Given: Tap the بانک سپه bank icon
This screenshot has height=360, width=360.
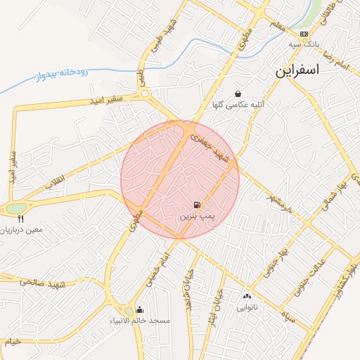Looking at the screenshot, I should pos(304,34).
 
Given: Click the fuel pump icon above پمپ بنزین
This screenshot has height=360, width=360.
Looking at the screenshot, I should pos(195,205).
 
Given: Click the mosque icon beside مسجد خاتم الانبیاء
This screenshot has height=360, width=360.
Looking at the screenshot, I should pos(140,310).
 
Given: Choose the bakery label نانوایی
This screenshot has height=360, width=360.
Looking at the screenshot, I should pos(246,307).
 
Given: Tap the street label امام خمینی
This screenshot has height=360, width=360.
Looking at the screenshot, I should pos(157,268).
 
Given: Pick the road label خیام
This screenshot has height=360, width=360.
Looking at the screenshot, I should pos(14,342).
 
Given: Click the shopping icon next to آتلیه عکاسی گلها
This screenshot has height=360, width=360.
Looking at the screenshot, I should pos(238,94).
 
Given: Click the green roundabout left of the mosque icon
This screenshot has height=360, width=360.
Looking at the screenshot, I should pos(129,311).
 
